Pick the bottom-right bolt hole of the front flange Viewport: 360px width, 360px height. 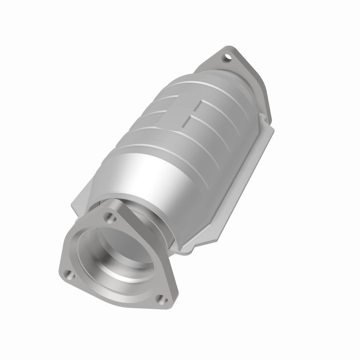point(164,301)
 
